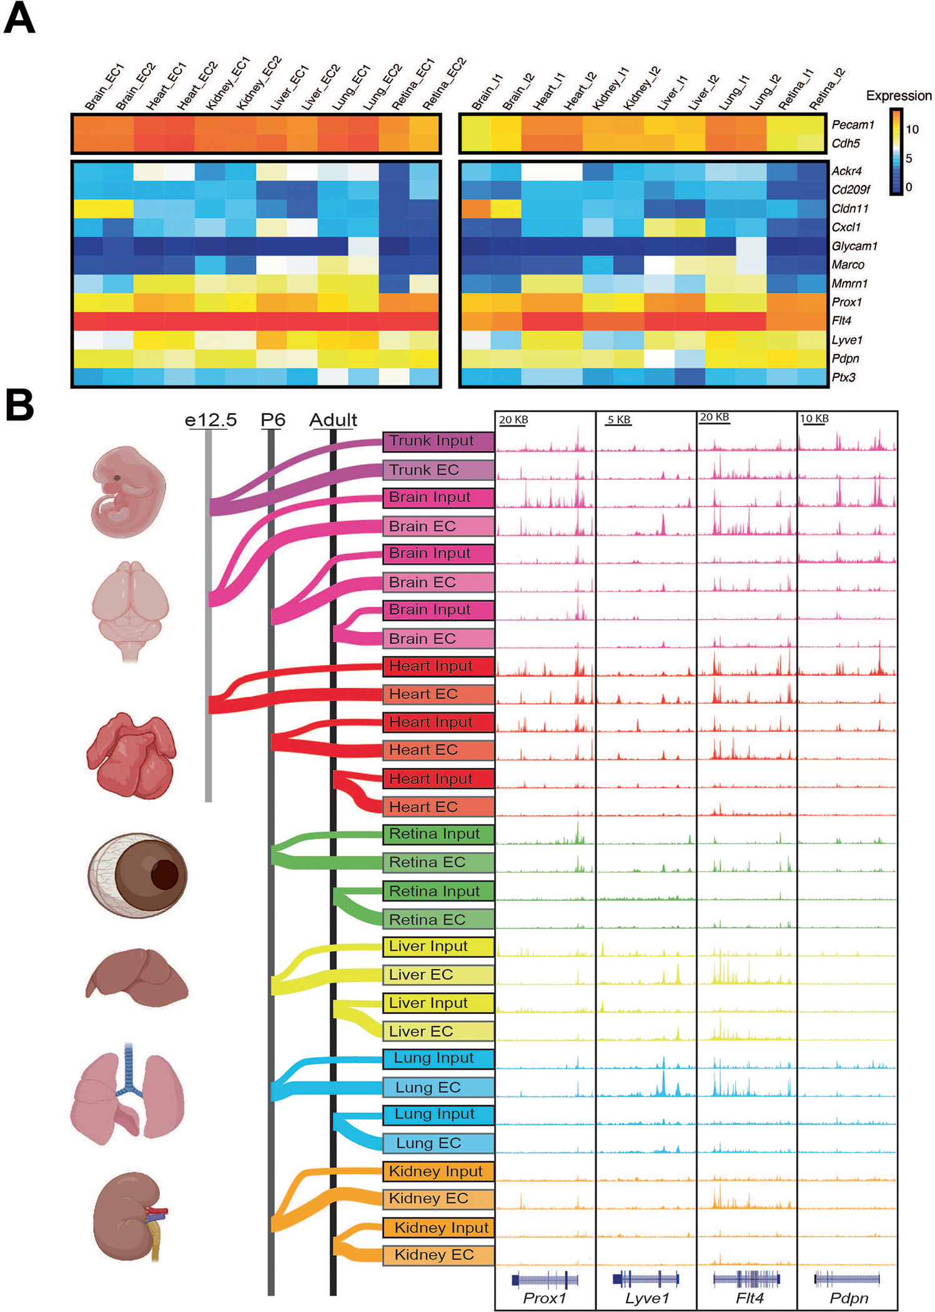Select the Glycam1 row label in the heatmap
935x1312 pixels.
[854, 246]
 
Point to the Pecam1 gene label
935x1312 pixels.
[853, 125]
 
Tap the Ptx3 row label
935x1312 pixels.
[843, 377]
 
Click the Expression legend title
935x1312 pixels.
[898, 96]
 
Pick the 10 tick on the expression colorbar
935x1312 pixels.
[912, 129]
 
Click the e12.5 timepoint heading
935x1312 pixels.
[210, 420]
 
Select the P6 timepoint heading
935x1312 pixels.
[273, 420]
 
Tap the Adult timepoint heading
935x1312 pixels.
[333, 420]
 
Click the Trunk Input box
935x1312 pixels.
[438, 441]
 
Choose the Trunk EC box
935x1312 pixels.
[438, 470]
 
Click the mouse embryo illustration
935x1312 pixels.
[128, 492]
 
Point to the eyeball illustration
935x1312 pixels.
[137, 874]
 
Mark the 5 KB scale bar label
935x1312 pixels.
[619, 419]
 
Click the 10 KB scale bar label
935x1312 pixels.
[814, 418]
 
